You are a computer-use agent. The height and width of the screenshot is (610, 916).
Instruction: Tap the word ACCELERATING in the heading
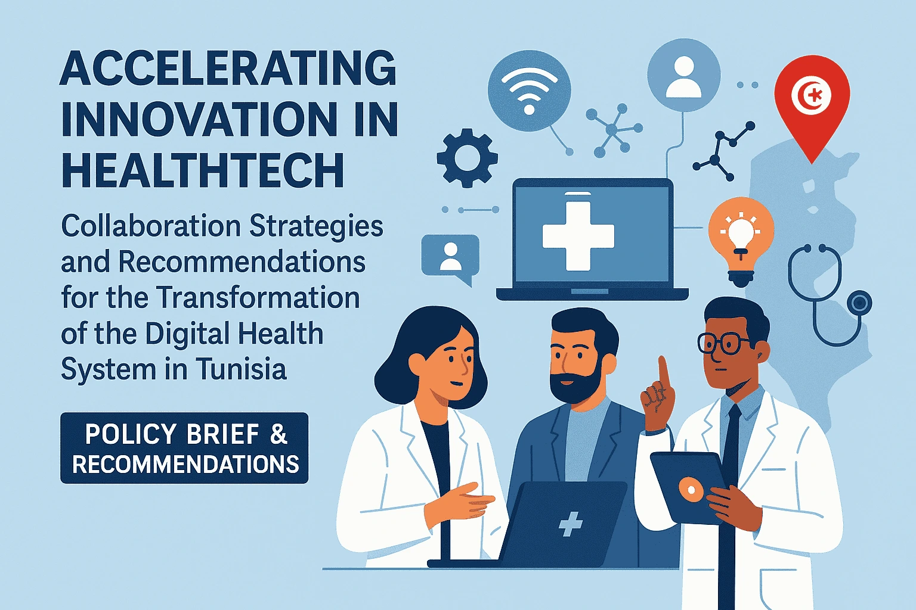pyautogui.click(x=228, y=68)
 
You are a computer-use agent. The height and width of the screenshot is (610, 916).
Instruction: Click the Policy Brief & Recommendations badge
pyautogui.click(x=184, y=448)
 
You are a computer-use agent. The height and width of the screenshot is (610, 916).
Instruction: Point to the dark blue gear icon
pyautogui.click(x=467, y=158)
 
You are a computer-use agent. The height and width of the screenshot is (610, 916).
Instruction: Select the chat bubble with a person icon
pyautogui.click(x=450, y=257)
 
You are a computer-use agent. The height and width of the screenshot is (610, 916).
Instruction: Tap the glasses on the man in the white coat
pyautogui.click(x=723, y=343)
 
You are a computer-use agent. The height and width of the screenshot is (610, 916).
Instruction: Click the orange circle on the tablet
pyautogui.click(x=691, y=490)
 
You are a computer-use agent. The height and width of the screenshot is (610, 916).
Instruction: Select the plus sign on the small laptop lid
pyautogui.click(x=570, y=525)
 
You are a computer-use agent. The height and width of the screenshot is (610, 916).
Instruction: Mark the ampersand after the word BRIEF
pyautogui.click(x=278, y=434)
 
